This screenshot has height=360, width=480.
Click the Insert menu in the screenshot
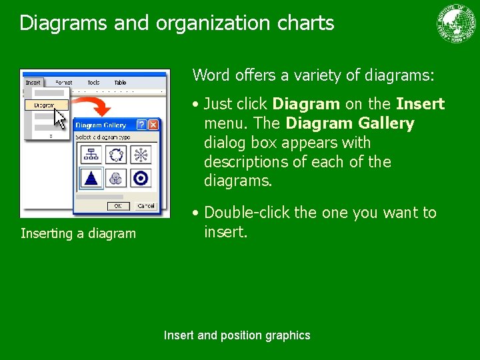[33, 83]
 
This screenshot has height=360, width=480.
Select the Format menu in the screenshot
[64, 83]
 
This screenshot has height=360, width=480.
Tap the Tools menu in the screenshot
[93, 83]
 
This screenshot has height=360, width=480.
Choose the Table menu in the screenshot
[120, 83]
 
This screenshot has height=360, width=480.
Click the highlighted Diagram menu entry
[45, 105]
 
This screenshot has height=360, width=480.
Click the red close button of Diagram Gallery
[153, 125]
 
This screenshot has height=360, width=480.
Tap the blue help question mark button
[141, 125]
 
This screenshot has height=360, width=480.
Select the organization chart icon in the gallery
[91, 155]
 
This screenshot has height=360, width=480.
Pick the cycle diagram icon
[116, 155]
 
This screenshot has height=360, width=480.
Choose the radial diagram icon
[141, 155]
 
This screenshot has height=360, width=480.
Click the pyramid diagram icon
[91, 178]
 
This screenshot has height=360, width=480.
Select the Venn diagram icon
[116, 178]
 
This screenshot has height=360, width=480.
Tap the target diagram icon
[141, 178]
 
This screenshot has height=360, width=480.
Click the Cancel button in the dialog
[145, 206]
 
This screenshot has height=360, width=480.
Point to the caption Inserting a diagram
[78, 233]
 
